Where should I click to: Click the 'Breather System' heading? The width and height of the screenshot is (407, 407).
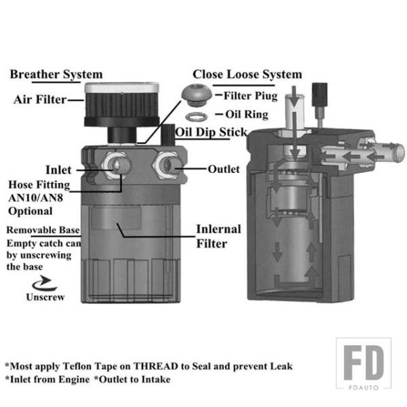tap(56, 74)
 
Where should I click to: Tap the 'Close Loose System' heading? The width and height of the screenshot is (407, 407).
tap(247, 74)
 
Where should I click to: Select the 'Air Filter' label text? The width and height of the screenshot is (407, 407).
tap(40, 100)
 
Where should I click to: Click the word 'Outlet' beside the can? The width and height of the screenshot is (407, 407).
tap(223, 169)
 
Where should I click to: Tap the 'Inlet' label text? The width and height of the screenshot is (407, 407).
tap(59, 169)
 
